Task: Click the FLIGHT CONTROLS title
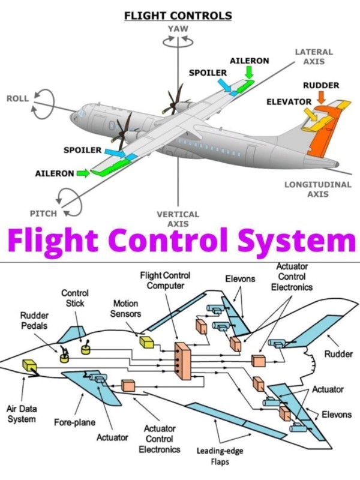(178, 16)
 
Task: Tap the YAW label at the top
(178, 29)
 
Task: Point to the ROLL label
(17, 98)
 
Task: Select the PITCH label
(43, 214)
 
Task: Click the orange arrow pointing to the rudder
(321, 98)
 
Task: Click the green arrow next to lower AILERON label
(83, 173)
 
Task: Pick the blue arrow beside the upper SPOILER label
(224, 85)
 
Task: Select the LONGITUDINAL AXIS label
(318, 189)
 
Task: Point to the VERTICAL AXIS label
(178, 219)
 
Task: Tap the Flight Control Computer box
(183, 361)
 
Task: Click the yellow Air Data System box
(29, 365)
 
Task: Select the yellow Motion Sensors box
(146, 342)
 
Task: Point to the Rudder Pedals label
(34, 320)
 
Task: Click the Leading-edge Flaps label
(220, 456)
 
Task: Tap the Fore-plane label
(74, 422)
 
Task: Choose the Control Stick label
(75, 298)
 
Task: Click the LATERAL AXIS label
(314, 56)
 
